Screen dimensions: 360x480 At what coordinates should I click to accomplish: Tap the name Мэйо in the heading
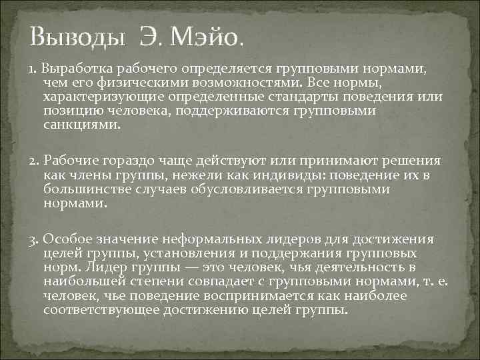(204, 38)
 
